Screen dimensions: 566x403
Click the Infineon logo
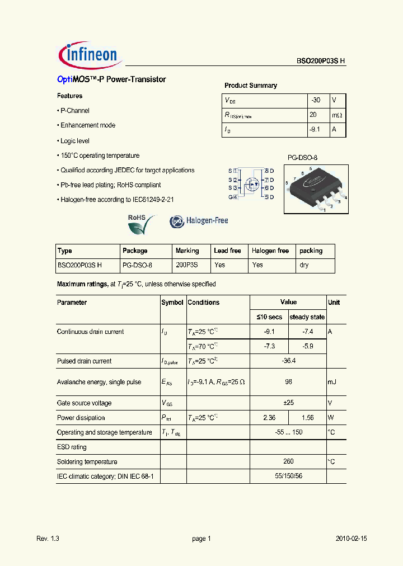tap(88, 54)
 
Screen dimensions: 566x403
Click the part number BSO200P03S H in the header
tap(321, 62)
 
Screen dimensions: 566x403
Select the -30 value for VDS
tap(316, 100)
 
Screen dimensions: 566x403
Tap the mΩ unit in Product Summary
tap(336, 115)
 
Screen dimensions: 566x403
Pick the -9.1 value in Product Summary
tap(315, 129)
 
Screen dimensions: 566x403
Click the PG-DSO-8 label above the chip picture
tap(302, 158)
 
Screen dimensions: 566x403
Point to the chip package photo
tap(315, 189)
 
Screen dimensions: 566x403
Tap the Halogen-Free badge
tap(199, 221)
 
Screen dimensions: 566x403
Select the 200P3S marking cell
tap(187, 265)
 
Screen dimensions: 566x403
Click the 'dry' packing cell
tap(304, 265)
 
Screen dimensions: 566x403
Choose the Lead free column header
tap(227, 251)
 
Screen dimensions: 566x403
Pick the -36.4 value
tap(288, 361)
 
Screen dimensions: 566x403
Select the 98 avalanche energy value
tap(288, 382)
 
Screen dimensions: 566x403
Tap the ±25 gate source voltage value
tap(288, 403)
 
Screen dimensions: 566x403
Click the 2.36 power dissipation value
tap(269, 418)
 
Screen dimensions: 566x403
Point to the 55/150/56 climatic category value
tap(288, 476)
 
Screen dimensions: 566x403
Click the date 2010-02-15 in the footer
tap(352, 539)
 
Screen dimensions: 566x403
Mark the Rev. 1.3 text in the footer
tap(48, 539)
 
